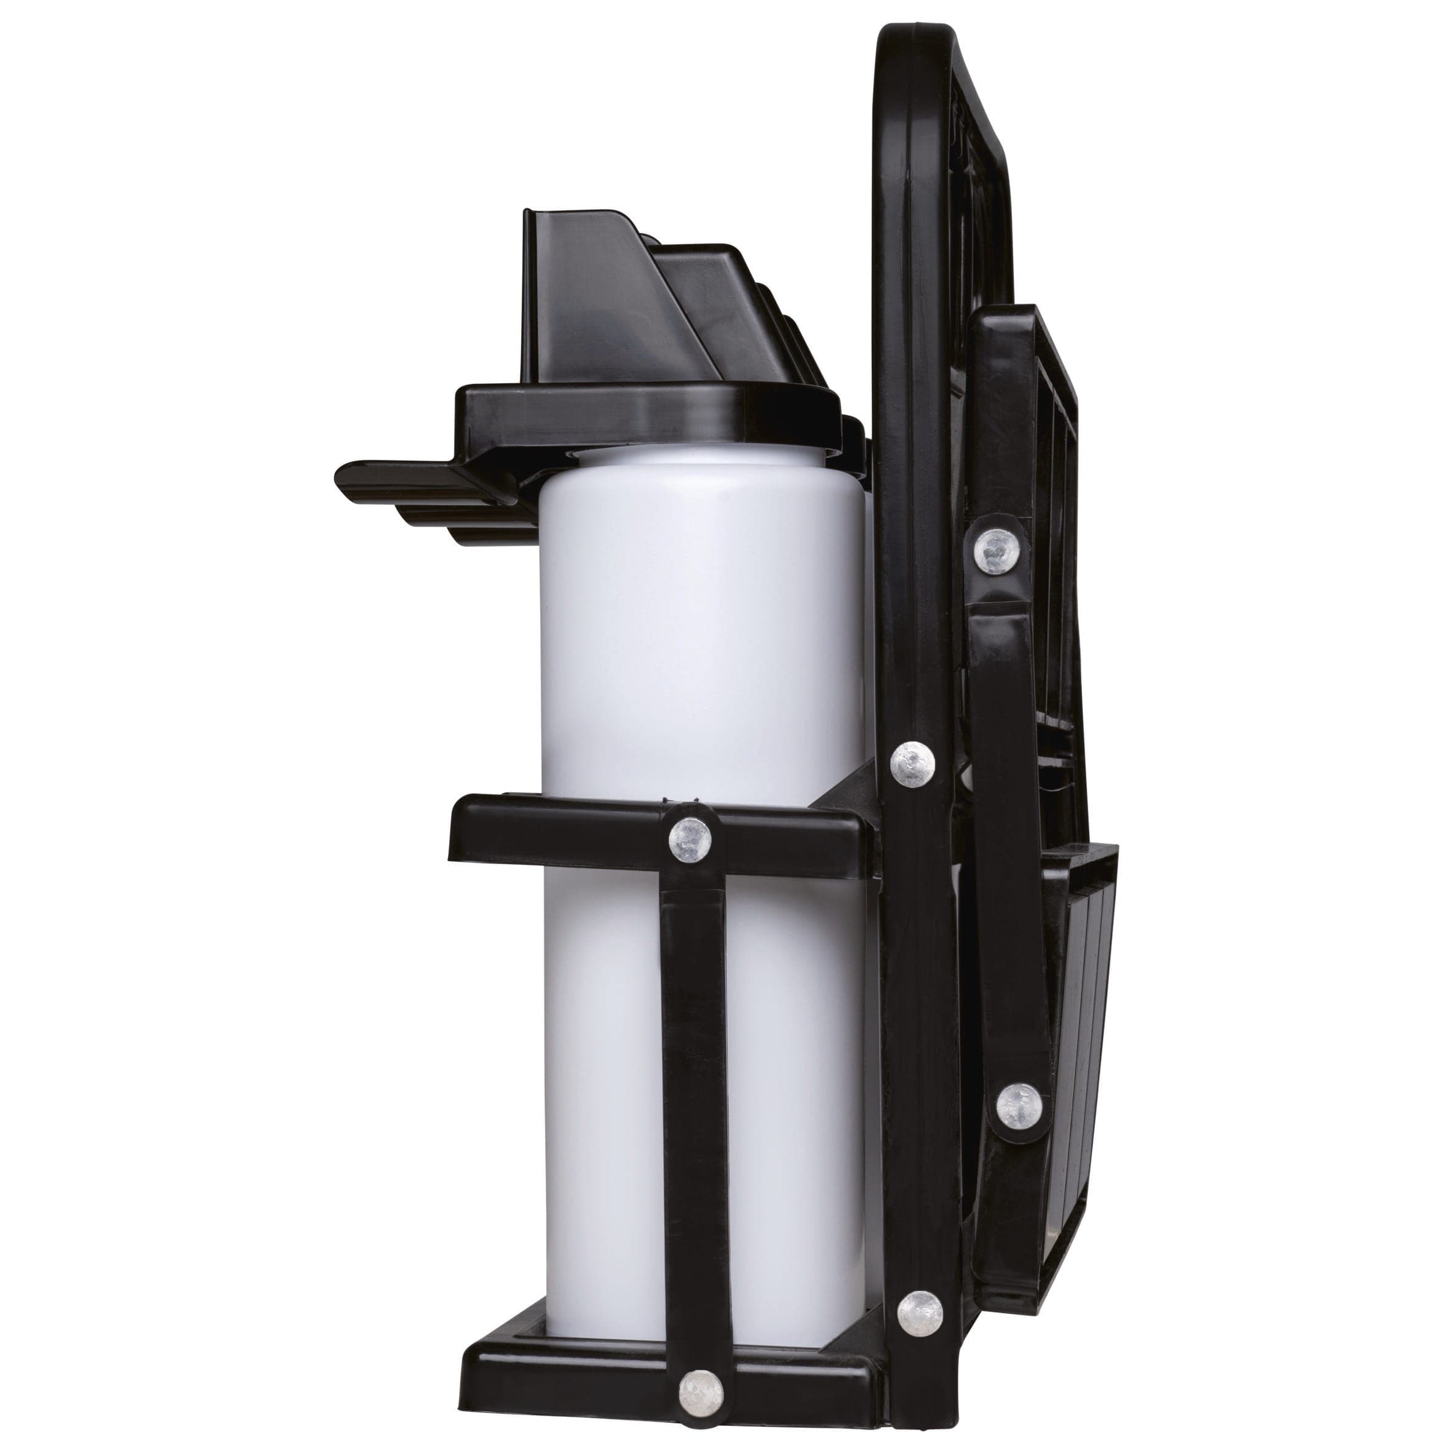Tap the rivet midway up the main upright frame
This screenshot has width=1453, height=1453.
pyautogui.click(x=913, y=764)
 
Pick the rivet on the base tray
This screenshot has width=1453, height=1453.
pyautogui.click(x=701, y=1351)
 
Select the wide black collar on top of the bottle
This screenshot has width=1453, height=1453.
pyautogui.click(x=647, y=413)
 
